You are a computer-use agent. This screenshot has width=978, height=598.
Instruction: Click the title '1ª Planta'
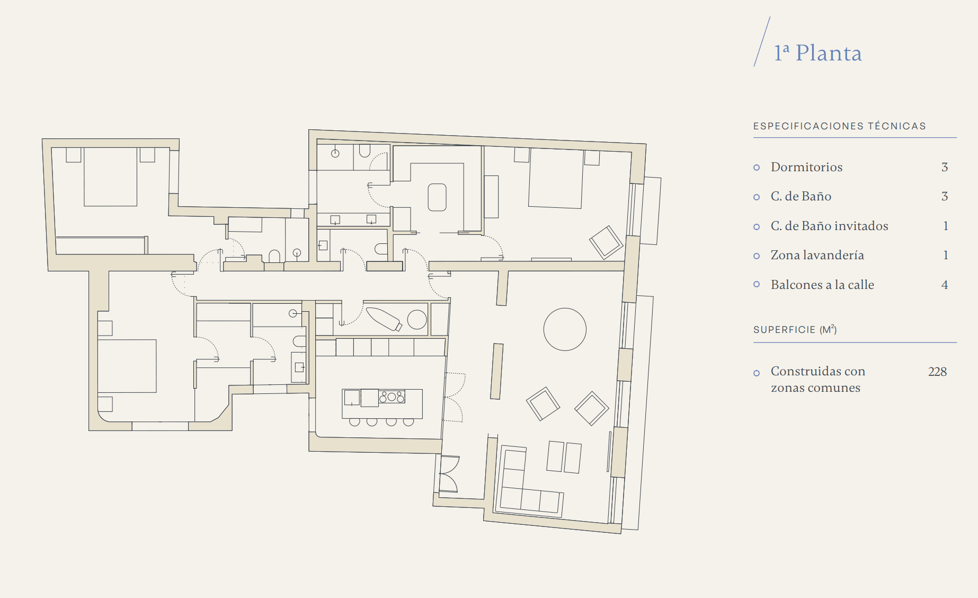point(817,53)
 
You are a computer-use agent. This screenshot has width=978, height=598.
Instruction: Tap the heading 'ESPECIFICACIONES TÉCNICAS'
point(840,126)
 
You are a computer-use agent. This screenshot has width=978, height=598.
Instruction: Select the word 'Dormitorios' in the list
point(806,167)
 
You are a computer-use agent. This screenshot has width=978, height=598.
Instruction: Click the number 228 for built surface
point(937,372)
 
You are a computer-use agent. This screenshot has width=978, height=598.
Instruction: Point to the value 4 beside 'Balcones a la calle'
point(945,285)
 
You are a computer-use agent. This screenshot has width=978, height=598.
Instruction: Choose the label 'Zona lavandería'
point(817,255)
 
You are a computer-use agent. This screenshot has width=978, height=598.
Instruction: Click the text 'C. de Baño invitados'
point(829,226)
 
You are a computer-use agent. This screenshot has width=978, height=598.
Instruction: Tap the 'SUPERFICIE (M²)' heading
point(795,329)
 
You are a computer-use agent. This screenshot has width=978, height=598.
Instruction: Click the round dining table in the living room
point(565,329)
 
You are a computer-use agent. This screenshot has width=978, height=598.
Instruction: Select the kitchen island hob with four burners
point(392,396)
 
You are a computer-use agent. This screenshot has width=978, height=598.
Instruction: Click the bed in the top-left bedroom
point(110,177)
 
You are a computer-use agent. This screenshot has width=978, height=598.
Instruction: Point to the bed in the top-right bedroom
point(556,178)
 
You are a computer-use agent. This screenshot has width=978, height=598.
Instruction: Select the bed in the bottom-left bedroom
point(127,366)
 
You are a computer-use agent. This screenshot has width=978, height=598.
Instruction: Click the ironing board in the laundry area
point(384,319)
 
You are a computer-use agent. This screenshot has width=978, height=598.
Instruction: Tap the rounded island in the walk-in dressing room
point(437,197)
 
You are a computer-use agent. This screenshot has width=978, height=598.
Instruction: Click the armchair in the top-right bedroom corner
point(606,242)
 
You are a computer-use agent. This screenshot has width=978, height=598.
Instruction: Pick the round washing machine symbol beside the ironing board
point(417,320)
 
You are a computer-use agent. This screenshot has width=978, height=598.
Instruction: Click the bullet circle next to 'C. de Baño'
point(757,197)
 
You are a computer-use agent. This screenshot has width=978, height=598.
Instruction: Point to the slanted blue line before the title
point(762,41)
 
